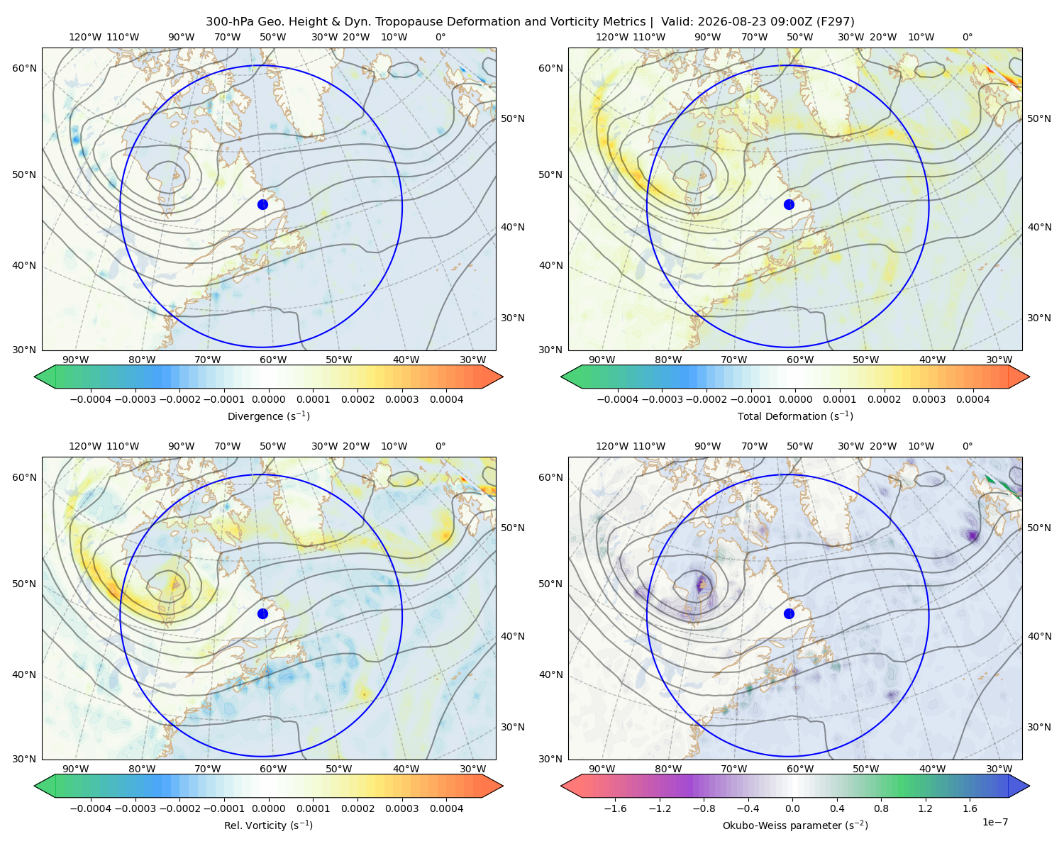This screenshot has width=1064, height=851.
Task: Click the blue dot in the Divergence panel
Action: point(262,204)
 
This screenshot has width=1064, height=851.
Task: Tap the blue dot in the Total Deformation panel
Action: point(789,204)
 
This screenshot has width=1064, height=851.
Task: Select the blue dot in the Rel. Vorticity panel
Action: point(262,613)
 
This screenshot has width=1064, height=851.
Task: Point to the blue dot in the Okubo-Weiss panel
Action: point(789,613)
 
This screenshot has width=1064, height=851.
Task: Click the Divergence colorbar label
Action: point(268,416)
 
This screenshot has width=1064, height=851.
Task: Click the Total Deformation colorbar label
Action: point(795,416)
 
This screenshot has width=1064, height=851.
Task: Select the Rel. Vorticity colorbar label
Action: point(268,825)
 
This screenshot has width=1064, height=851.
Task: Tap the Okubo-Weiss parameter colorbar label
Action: point(795,825)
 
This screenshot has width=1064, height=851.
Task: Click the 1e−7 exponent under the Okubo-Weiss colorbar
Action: point(994,822)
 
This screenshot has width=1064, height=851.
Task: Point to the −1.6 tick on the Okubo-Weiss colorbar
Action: point(615,808)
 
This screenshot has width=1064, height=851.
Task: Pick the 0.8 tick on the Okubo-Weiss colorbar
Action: point(881,808)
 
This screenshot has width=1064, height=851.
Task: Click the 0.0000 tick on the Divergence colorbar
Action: point(268,399)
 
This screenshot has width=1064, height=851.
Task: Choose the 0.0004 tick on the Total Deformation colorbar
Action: point(973,399)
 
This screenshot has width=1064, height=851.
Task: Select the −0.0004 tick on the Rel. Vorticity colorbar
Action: point(91,808)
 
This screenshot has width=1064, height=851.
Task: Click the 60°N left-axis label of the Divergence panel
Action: point(24,68)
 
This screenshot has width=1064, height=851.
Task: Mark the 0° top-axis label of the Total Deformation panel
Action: point(967,37)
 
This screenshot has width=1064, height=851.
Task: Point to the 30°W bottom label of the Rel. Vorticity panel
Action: point(472,769)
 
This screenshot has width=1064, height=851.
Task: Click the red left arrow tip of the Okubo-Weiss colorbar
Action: point(562,785)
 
